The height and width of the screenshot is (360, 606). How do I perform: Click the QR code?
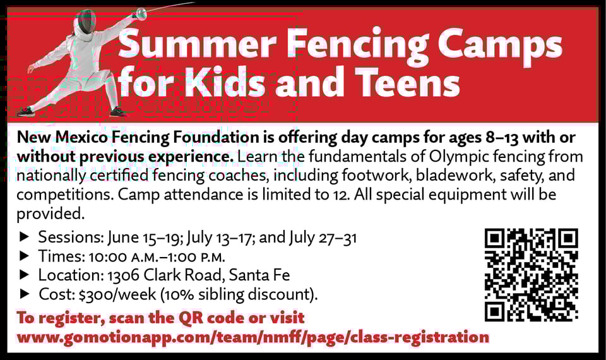coord(531,274)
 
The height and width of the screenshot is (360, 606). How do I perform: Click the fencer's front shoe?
coord(117,112)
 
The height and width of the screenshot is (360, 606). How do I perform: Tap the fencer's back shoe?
coord(25,112)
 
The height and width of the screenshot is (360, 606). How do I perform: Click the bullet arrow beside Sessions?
coord(25,238)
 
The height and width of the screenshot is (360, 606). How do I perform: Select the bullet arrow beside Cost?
coord(25,294)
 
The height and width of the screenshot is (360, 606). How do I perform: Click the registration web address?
coord(252,337)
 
